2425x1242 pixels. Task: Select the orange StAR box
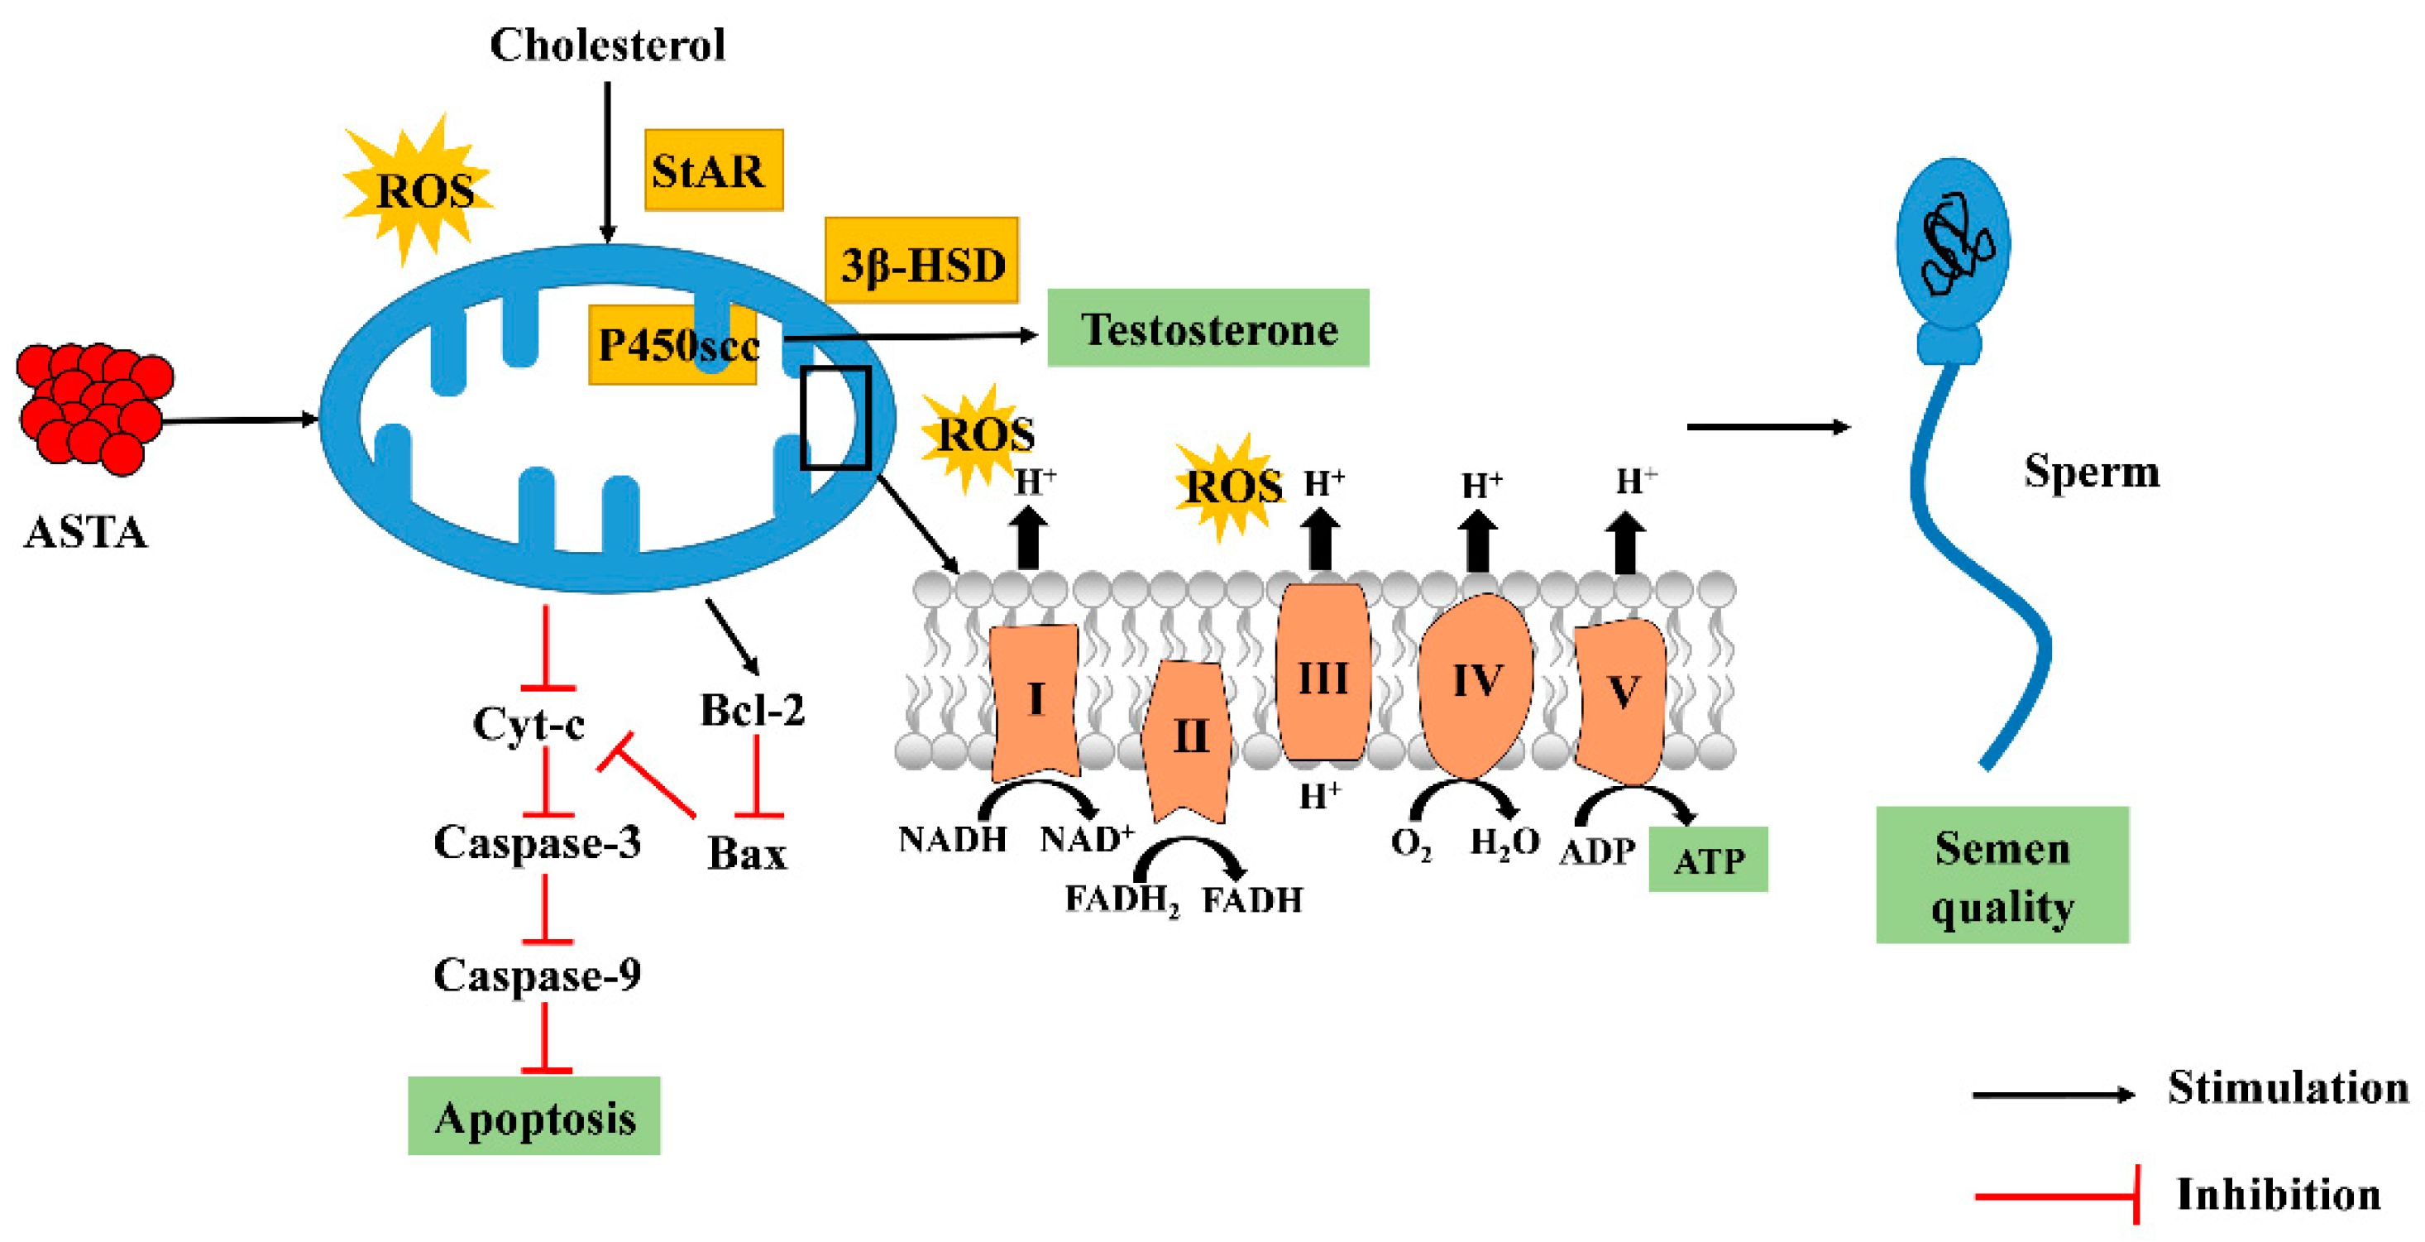pyautogui.click(x=713, y=170)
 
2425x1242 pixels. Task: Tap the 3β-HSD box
pyautogui.click(x=921, y=261)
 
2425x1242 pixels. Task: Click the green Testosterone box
pyautogui.click(x=1207, y=328)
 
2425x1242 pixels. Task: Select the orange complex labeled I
pyautogui.click(x=1035, y=698)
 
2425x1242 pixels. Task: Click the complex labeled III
pyautogui.click(x=1322, y=674)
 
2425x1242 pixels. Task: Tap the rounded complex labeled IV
pyautogui.click(x=1476, y=683)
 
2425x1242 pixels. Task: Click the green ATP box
pyautogui.click(x=1707, y=859)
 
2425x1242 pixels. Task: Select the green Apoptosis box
pyautogui.click(x=533, y=1116)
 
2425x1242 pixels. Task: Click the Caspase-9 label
pyautogui.click(x=537, y=975)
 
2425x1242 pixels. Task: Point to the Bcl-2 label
pyautogui.click(x=751, y=710)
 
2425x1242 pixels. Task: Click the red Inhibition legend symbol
pyautogui.click(x=2058, y=1195)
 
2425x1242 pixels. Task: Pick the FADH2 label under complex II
pyautogui.click(x=1120, y=900)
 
